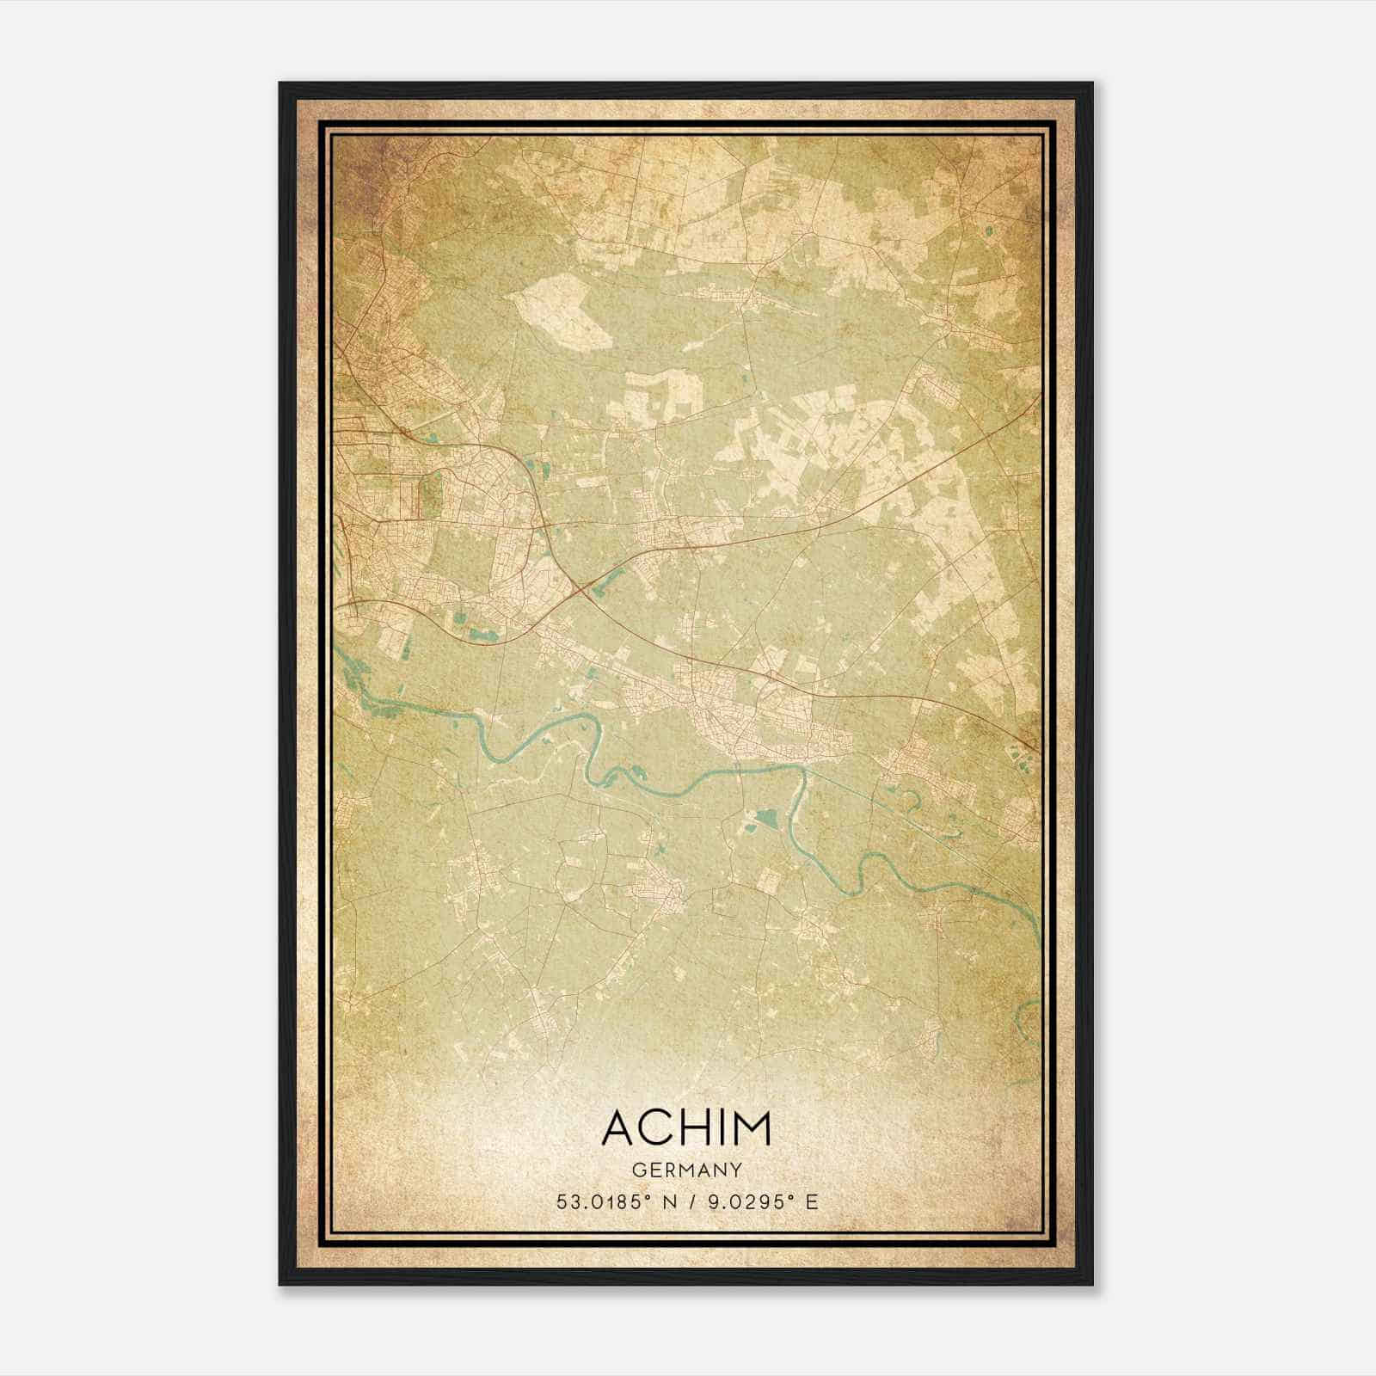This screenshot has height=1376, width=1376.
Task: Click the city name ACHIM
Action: (x=686, y=1128)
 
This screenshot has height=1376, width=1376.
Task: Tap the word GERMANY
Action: (x=686, y=1170)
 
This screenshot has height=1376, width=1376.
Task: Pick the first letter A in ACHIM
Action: (x=619, y=1128)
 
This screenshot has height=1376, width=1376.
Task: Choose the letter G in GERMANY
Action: (x=636, y=1170)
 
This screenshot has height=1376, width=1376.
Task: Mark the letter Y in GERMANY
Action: (x=736, y=1170)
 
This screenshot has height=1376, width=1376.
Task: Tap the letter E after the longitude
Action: (x=812, y=1201)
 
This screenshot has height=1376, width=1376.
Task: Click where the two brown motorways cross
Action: (x=583, y=588)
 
